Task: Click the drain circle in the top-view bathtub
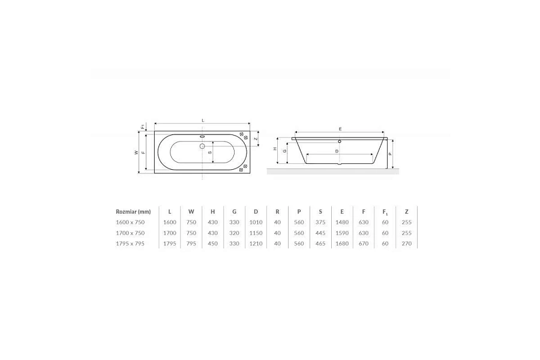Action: point(202,146)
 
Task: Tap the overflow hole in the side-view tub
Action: point(340,141)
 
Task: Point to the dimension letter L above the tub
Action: point(203,120)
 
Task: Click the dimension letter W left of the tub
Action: point(136,152)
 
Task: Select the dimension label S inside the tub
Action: point(209,152)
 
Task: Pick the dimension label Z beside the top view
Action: point(256,139)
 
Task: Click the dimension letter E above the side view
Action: point(340,129)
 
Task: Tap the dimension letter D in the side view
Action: point(337,151)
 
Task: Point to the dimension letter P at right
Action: point(390,154)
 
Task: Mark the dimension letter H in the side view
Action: point(275,149)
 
